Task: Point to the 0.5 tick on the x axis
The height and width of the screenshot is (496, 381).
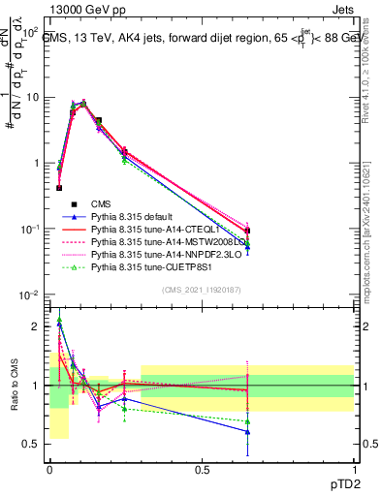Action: (202, 468)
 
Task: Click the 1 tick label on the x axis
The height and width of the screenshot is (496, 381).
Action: (354, 468)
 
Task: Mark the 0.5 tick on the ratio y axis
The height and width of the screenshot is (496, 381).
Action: (36, 445)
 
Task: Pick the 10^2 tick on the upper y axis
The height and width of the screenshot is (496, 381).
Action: (28, 32)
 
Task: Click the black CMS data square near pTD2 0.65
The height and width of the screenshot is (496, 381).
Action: (247, 231)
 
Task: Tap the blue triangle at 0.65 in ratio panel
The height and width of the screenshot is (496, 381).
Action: (247, 432)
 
